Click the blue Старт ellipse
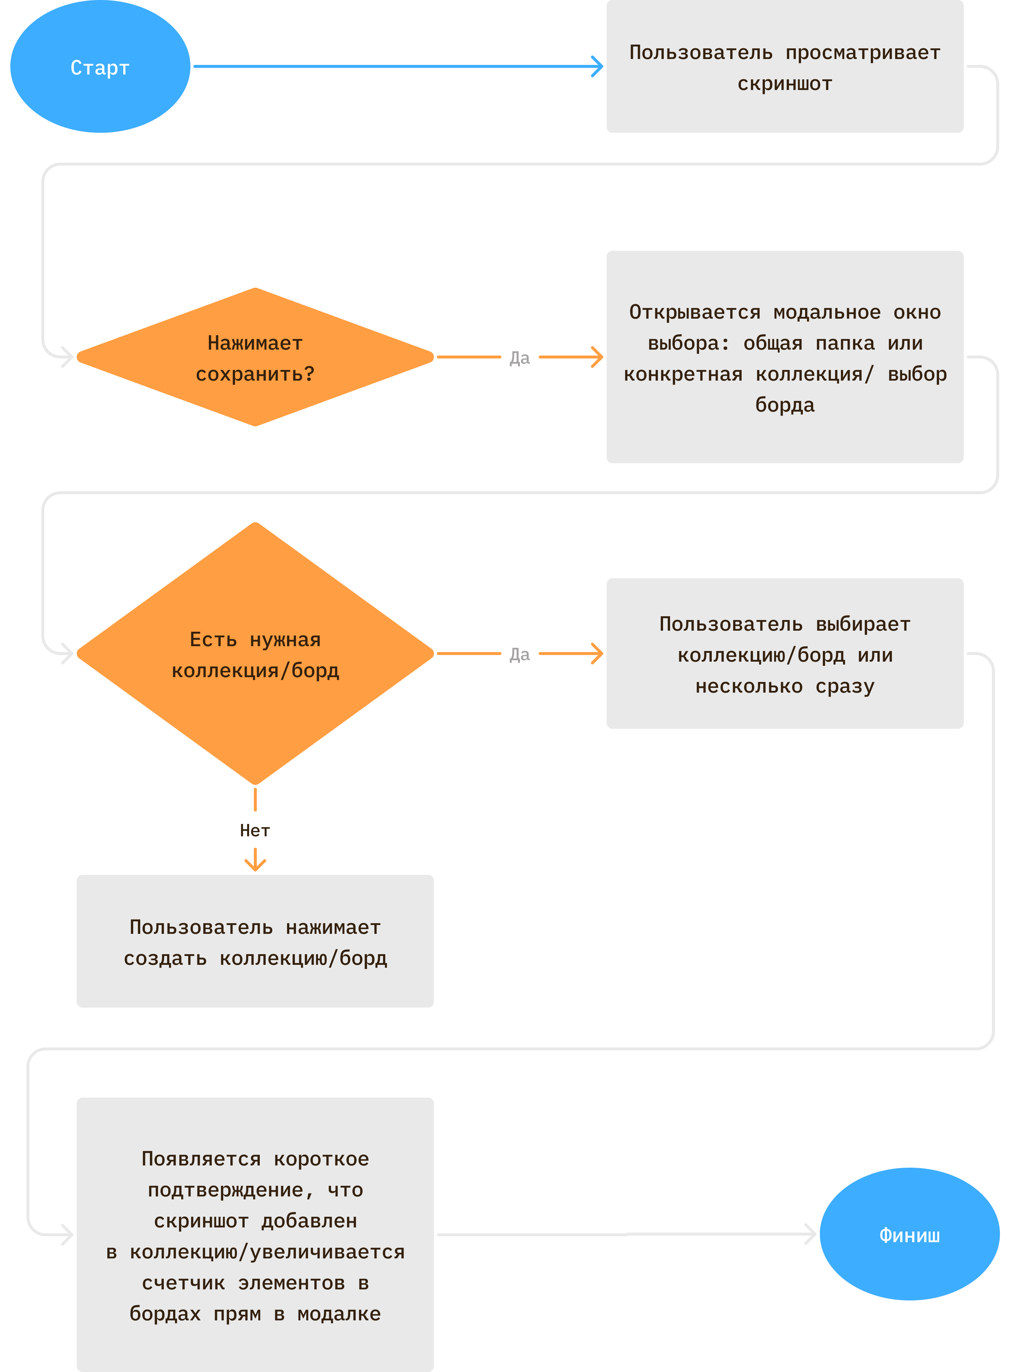pos(100,66)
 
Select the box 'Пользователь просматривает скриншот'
pos(784,66)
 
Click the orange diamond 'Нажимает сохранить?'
pos(255,357)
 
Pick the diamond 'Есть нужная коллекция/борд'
pos(255,653)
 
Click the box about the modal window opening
pos(784,357)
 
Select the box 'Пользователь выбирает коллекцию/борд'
pos(784,653)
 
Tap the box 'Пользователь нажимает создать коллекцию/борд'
pos(255,941)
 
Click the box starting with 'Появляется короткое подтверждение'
pos(255,1234)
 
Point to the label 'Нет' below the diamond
pos(255,830)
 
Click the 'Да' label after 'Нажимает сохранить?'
pos(520,357)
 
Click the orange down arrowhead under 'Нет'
pos(255,864)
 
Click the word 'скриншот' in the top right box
pos(784,83)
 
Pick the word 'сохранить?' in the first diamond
pos(255,374)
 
